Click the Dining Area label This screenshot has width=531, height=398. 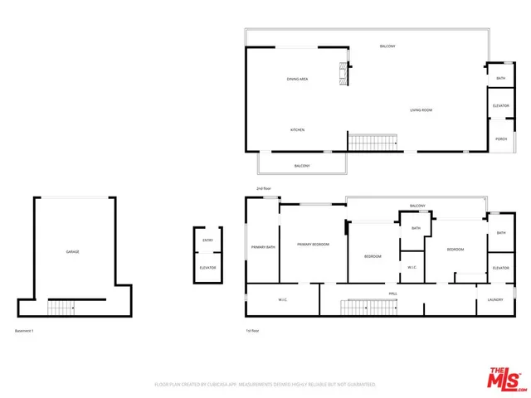coord(298,79)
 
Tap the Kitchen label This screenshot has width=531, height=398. coord(297,130)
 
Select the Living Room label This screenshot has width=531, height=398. coord(421,110)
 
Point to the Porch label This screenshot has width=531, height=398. coord(501,138)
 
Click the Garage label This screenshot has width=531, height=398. coord(72,251)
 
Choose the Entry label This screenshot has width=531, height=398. coord(207,240)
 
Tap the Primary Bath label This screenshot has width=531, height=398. coord(264,247)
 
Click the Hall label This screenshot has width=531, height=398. coord(392,293)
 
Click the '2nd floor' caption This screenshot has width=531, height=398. coord(265,189)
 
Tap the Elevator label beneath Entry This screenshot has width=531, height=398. coord(207,267)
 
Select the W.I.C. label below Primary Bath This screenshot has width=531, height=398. coord(281,300)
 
